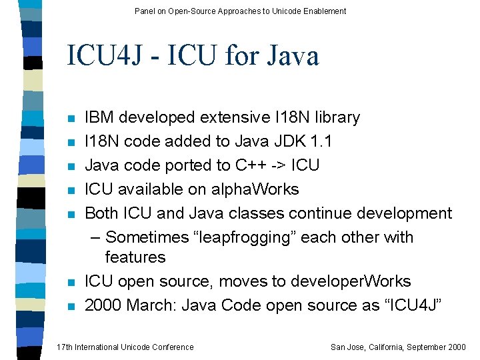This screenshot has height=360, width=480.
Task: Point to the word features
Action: pyautogui.click(x=135, y=257)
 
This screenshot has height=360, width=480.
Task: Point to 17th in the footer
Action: pyautogui.click(x=65, y=347)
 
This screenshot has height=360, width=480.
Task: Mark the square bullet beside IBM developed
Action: pyautogui.click(x=70, y=119)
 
